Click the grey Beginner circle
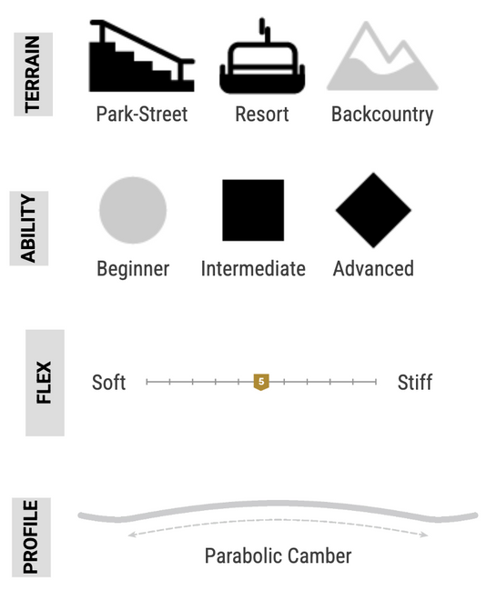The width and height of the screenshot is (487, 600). pos(133,210)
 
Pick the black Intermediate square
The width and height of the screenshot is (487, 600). pos(253,210)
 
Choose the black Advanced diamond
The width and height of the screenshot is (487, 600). pos(373,210)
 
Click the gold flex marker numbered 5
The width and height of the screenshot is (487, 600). pos(261,382)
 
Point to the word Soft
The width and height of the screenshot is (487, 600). pos(109,382)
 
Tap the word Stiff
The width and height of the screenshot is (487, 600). pos(415,382)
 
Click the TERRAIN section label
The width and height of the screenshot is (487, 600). pos(33,75)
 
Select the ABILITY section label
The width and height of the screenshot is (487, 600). pos(29,228)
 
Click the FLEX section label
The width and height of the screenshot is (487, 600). pos(45,383)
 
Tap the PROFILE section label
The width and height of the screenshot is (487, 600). pos(31,537)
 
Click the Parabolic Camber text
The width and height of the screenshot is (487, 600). pos(279,556)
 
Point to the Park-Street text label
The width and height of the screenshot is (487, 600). pos(142,114)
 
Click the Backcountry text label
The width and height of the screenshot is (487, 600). pos(382,115)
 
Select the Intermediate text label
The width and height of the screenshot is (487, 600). pos(253,268)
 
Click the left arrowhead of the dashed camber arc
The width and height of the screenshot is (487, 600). pos(131,535)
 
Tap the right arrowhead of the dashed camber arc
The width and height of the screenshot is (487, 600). pos(424,535)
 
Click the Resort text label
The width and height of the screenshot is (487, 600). pos(262,114)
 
